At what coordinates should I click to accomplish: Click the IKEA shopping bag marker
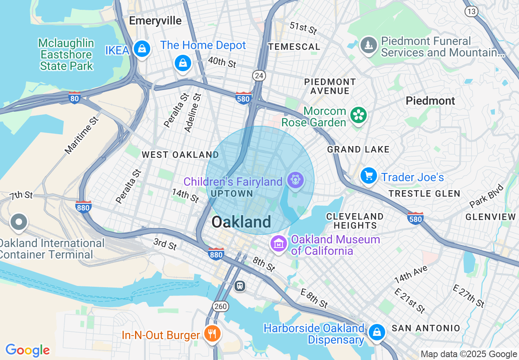pyautogui.click(x=142, y=49)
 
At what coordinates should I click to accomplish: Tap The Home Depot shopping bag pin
pyautogui.click(x=183, y=63)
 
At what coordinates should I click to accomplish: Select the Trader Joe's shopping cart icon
pyautogui.click(x=369, y=176)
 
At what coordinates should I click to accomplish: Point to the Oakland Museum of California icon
pyautogui.click(x=279, y=244)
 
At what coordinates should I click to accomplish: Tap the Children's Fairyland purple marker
pyautogui.click(x=295, y=180)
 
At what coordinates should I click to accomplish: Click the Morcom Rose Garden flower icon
pyautogui.click(x=359, y=115)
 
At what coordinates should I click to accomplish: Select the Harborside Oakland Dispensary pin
pyautogui.click(x=376, y=332)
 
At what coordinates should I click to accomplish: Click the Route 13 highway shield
pyautogui.click(x=472, y=11)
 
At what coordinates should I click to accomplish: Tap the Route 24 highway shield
pyautogui.click(x=259, y=75)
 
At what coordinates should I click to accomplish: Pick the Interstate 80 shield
pyautogui.click(x=74, y=98)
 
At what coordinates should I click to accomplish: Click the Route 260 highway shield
pyautogui.click(x=220, y=306)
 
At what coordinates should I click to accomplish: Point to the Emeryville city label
pyautogui.click(x=155, y=21)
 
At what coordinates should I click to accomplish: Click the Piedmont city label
pyautogui.click(x=430, y=101)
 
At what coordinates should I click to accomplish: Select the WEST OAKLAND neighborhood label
pyautogui.click(x=180, y=155)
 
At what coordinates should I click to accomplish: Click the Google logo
pyautogui.click(x=27, y=350)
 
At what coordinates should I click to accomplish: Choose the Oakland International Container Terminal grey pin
pyautogui.click(x=19, y=223)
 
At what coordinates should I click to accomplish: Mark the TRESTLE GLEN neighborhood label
pyautogui.click(x=424, y=193)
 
